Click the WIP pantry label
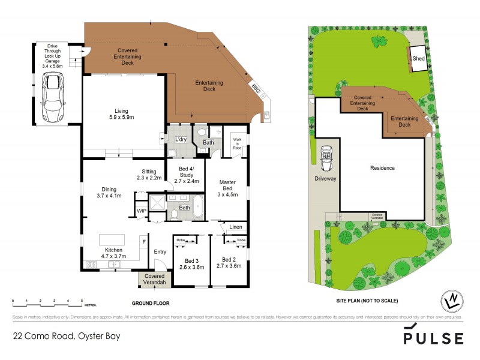tap(142, 211)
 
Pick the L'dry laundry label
tap(180, 139)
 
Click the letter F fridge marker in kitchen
tap(143, 242)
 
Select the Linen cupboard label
tap(235, 227)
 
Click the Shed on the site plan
tap(418, 58)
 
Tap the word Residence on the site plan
tap(382, 168)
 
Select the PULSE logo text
tap(433, 337)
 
